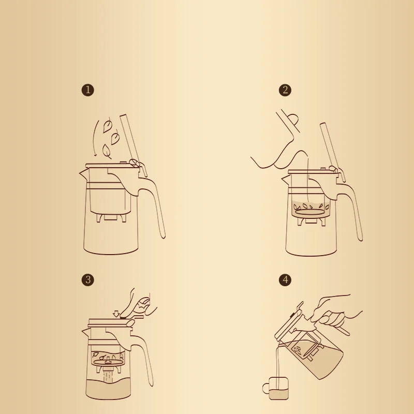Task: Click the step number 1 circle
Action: click(88, 90)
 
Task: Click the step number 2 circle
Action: click(285, 90)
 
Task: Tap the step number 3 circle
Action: click(88, 280)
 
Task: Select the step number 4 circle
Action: click(285, 280)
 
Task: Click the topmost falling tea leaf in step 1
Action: click(108, 125)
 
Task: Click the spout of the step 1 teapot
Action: click(83, 172)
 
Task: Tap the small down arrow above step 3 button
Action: click(116, 313)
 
